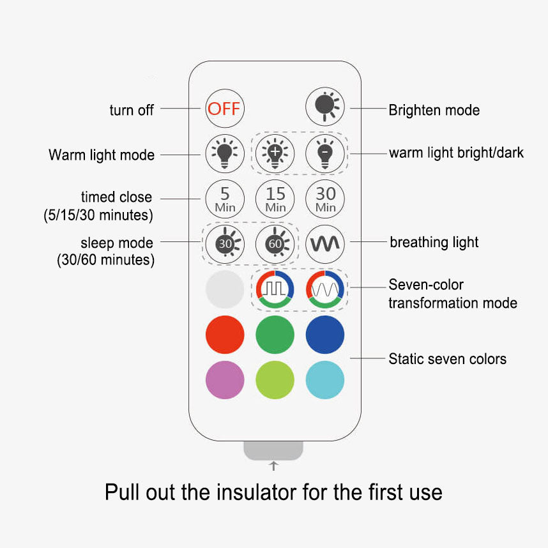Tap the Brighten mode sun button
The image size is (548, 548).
[325, 107]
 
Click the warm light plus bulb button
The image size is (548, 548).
[275, 154]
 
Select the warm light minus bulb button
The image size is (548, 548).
[325, 154]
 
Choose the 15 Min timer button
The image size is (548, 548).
[275, 199]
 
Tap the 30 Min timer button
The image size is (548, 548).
[325, 199]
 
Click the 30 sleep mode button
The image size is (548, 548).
[225, 244]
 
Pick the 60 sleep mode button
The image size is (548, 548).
[275, 244]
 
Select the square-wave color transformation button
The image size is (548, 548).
[275, 289]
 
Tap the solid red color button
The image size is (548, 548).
[225, 335]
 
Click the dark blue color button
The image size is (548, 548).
[325, 335]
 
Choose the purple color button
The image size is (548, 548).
[225, 380]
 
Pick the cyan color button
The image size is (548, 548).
[325, 380]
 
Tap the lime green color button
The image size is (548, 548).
[275, 380]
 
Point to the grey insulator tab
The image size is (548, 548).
[273, 450]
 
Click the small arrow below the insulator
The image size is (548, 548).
[273, 466]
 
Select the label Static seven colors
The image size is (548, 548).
[447, 359]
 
